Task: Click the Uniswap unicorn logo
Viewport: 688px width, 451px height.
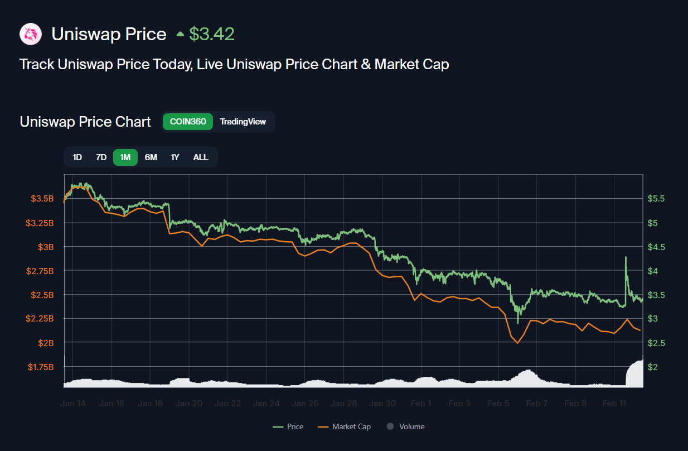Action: (x=31, y=35)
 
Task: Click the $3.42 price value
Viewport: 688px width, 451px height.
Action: (x=211, y=35)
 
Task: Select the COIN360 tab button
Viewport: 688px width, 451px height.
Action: (x=188, y=122)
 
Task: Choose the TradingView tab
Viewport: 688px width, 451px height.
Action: (x=243, y=122)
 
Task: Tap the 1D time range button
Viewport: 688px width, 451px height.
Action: (x=77, y=157)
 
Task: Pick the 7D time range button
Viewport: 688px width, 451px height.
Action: (x=101, y=157)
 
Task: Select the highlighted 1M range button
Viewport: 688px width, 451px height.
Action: (x=125, y=157)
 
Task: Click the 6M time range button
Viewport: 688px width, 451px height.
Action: (x=151, y=157)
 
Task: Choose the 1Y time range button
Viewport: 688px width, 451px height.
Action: (x=175, y=157)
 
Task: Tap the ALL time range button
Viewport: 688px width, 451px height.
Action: (x=201, y=157)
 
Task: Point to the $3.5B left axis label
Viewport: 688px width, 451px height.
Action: (x=42, y=199)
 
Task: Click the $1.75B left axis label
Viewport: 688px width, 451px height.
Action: (x=41, y=367)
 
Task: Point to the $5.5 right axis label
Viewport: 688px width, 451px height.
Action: (x=656, y=199)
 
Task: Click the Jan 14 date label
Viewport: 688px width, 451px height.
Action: (x=73, y=404)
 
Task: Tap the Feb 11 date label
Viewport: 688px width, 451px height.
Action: (x=614, y=404)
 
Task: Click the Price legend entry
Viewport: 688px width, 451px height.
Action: (x=289, y=426)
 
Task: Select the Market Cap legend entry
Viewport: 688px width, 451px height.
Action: (x=345, y=426)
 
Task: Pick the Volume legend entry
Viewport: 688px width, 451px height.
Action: (x=406, y=426)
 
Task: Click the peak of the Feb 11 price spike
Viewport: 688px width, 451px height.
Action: (x=626, y=257)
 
